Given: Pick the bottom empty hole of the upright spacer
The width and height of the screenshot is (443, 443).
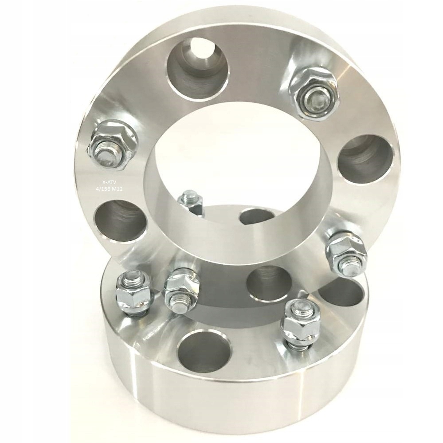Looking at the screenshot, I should point(268,284).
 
